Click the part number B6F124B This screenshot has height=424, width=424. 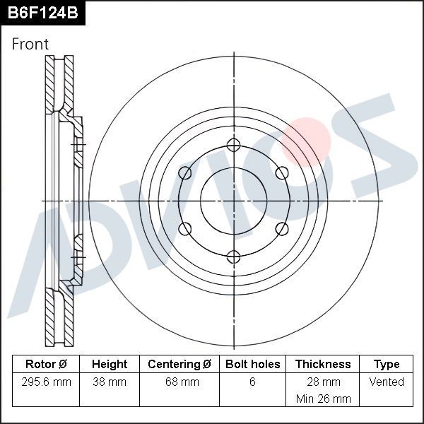coord(42,13)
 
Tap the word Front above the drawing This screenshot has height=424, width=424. coord(30,44)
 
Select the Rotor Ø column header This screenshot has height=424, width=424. coord(46,365)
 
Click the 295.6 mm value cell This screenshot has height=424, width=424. coord(46,382)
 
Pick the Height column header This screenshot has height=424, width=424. coord(110,365)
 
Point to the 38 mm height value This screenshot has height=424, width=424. coord(110,382)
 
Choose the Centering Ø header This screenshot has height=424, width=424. coord(179,365)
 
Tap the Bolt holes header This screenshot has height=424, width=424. coord(252,365)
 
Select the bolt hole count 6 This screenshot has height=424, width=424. coord(252,382)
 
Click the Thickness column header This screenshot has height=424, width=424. coord(323,365)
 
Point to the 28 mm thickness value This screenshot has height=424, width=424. coord(323,382)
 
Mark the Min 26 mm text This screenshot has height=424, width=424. coord(323,399)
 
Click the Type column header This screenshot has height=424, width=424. coord(387,365)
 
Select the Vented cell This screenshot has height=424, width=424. coord(387,382)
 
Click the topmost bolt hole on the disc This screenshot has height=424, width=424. coord(233,146)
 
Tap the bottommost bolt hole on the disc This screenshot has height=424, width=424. coord(233,256)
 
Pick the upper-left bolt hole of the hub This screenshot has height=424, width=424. coord(185,173)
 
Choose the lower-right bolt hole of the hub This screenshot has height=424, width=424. coord(281,228)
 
